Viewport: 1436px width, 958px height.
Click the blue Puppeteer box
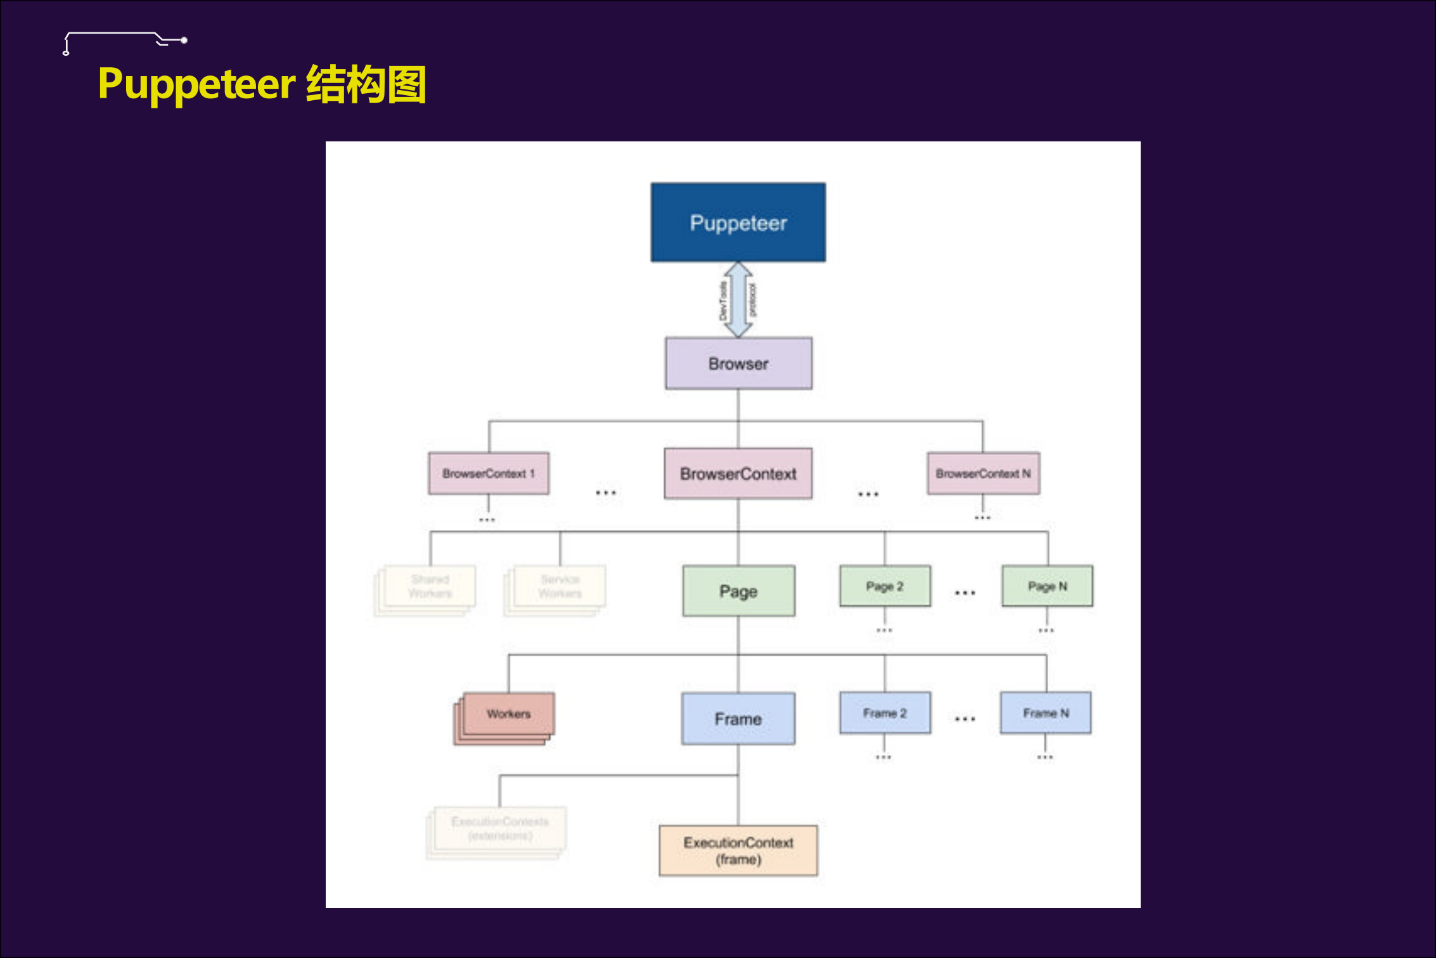click(x=738, y=223)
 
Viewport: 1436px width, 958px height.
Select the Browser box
click(x=738, y=363)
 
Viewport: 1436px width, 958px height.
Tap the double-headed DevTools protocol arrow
click(x=738, y=299)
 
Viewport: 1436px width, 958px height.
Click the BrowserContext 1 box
click(x=489, y=473)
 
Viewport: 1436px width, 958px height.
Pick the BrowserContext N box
click(x=983, y=473)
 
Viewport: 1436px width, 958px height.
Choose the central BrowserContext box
click(x=738, y=474)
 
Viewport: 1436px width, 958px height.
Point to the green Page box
click(x=738, y=591)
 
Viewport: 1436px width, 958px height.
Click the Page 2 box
click(x=885, y=586)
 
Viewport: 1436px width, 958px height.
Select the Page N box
click(x=1047, y=586)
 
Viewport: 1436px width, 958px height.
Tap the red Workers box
click(x=508, y=715)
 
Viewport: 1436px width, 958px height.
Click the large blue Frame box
click(x=738, y=718)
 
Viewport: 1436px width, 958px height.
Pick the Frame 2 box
click(x=885, y=713)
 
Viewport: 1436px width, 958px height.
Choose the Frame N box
click(x=1046, y=713)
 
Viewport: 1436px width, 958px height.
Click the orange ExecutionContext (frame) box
click(x=738, y=850)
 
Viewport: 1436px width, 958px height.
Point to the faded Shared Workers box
click(x=430, y=586)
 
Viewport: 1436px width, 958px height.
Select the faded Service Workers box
click(x=560, y=586)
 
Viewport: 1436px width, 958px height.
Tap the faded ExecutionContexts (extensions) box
click(x=499, y=829)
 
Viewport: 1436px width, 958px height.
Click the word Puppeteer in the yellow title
click(x=196, y=84)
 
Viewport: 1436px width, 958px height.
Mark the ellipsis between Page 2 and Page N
click(x=965, y=593)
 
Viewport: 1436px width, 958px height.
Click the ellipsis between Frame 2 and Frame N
click(x=965, y=719)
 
